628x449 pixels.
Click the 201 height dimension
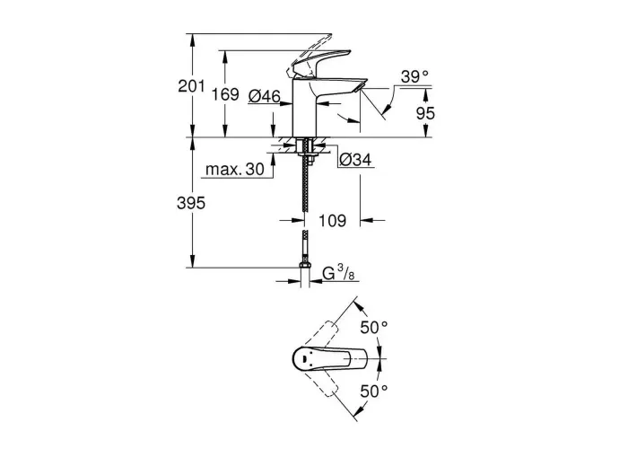191,86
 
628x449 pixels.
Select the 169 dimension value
225,94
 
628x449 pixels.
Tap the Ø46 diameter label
265,96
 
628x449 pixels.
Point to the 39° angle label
414,76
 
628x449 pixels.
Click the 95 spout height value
425,113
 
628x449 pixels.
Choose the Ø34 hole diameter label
355,160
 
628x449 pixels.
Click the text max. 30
235,169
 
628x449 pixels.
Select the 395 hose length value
191,203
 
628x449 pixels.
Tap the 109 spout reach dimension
333,221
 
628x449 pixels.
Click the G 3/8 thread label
338,273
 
